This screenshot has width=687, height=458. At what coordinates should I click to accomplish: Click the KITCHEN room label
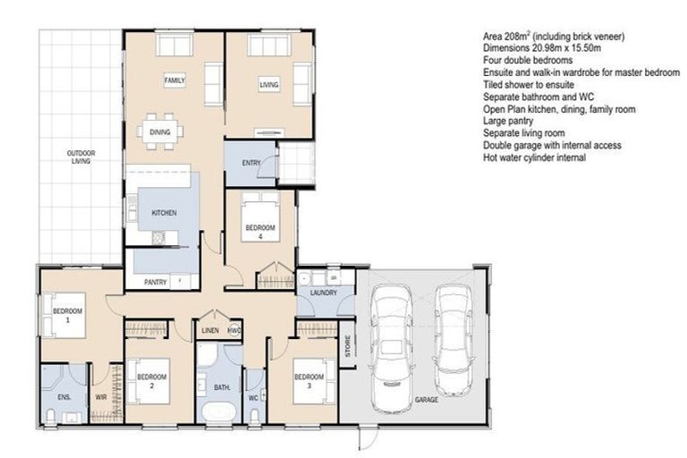163,213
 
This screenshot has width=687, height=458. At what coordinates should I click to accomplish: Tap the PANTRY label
156,283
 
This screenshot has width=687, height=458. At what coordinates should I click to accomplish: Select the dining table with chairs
161,131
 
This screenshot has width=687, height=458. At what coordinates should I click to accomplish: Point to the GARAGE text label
427,400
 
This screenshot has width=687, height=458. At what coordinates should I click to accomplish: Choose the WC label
254,397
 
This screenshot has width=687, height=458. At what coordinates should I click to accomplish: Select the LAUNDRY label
323,293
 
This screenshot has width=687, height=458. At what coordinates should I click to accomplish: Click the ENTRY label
250,163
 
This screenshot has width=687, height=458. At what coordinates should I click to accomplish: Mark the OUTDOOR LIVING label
81,158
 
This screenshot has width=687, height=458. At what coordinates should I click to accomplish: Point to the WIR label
103,395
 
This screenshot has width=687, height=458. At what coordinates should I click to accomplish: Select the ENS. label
64,395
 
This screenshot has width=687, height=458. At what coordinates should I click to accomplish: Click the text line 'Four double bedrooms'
527,60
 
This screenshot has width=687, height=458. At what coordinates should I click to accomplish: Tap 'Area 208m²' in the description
513,37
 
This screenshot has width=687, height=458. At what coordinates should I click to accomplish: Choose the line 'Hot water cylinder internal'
534,157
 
